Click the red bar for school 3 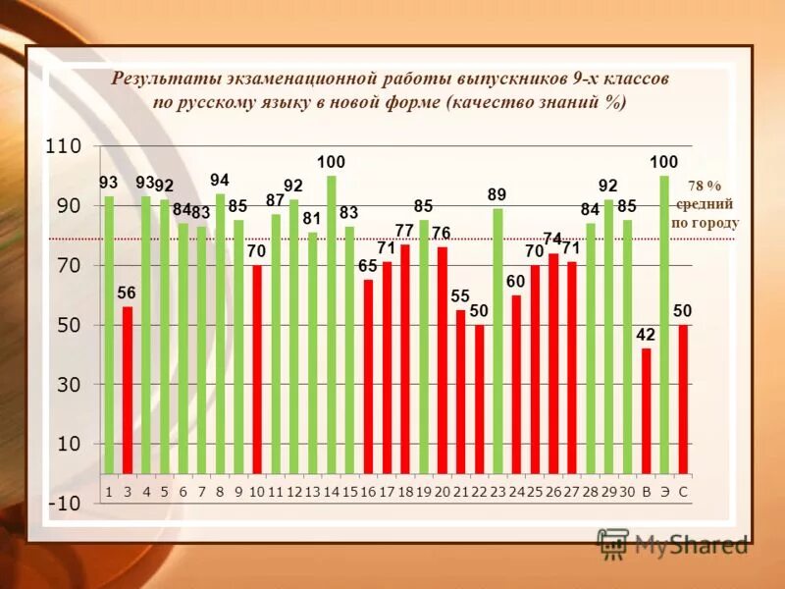coord(128,389)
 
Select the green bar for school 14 coord(331,324)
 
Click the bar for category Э coord(664,324)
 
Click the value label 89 coord(497,195)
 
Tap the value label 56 coord(127,294)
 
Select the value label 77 coord(404,231)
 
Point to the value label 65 coord(367,266)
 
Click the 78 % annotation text coord(704,186)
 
